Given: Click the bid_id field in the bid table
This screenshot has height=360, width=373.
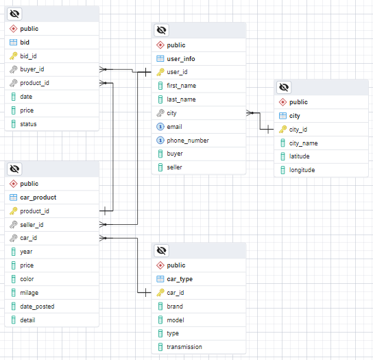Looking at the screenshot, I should point(29,56).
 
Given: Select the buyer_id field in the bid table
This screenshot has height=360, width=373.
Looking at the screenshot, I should point(32,69).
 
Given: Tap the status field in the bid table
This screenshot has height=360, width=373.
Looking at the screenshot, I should point(29,124).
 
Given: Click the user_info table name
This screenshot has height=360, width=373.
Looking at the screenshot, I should point(181,59).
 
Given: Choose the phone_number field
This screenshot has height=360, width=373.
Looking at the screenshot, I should point(188,141).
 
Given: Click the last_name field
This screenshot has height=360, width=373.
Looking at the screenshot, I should point(181,99).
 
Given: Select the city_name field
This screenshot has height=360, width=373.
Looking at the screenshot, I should point(303,143).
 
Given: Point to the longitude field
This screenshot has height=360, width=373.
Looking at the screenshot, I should point(302,170).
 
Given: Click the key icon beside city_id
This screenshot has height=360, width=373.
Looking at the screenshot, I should point(282,129).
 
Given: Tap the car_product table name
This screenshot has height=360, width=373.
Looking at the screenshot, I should point(38,197).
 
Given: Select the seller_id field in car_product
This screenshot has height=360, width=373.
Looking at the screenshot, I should point(32,225).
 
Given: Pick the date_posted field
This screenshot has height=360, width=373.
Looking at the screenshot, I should point(37,307).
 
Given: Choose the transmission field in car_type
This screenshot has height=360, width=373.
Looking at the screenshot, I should point(184,347).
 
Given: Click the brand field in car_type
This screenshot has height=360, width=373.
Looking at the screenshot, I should point(176,306).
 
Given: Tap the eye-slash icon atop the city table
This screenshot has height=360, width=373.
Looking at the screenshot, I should point(284,87).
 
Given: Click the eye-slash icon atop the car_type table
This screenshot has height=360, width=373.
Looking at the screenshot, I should point(161,250).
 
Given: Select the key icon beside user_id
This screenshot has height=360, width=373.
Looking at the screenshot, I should point(160,72).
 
